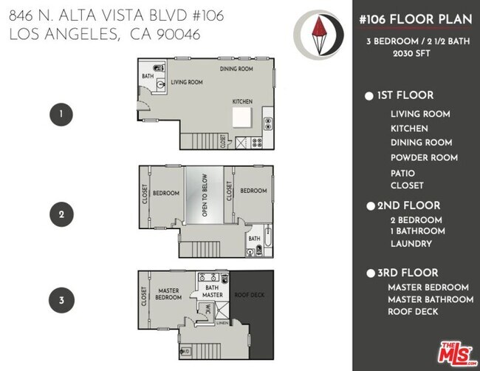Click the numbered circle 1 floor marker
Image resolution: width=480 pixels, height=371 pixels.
61,115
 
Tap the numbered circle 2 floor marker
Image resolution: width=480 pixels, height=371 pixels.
61,215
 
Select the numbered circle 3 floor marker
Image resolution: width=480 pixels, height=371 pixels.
61,300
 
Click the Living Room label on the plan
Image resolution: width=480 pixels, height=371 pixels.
187,82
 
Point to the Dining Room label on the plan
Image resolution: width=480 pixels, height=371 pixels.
236,69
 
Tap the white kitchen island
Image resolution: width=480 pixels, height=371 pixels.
243,117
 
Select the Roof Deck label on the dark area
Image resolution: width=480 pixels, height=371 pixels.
249,294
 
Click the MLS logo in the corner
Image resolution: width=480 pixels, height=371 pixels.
457,354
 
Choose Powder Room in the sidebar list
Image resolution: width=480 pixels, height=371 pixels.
424,157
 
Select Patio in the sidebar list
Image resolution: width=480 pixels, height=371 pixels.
402,173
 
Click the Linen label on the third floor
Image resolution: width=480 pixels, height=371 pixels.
222,321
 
